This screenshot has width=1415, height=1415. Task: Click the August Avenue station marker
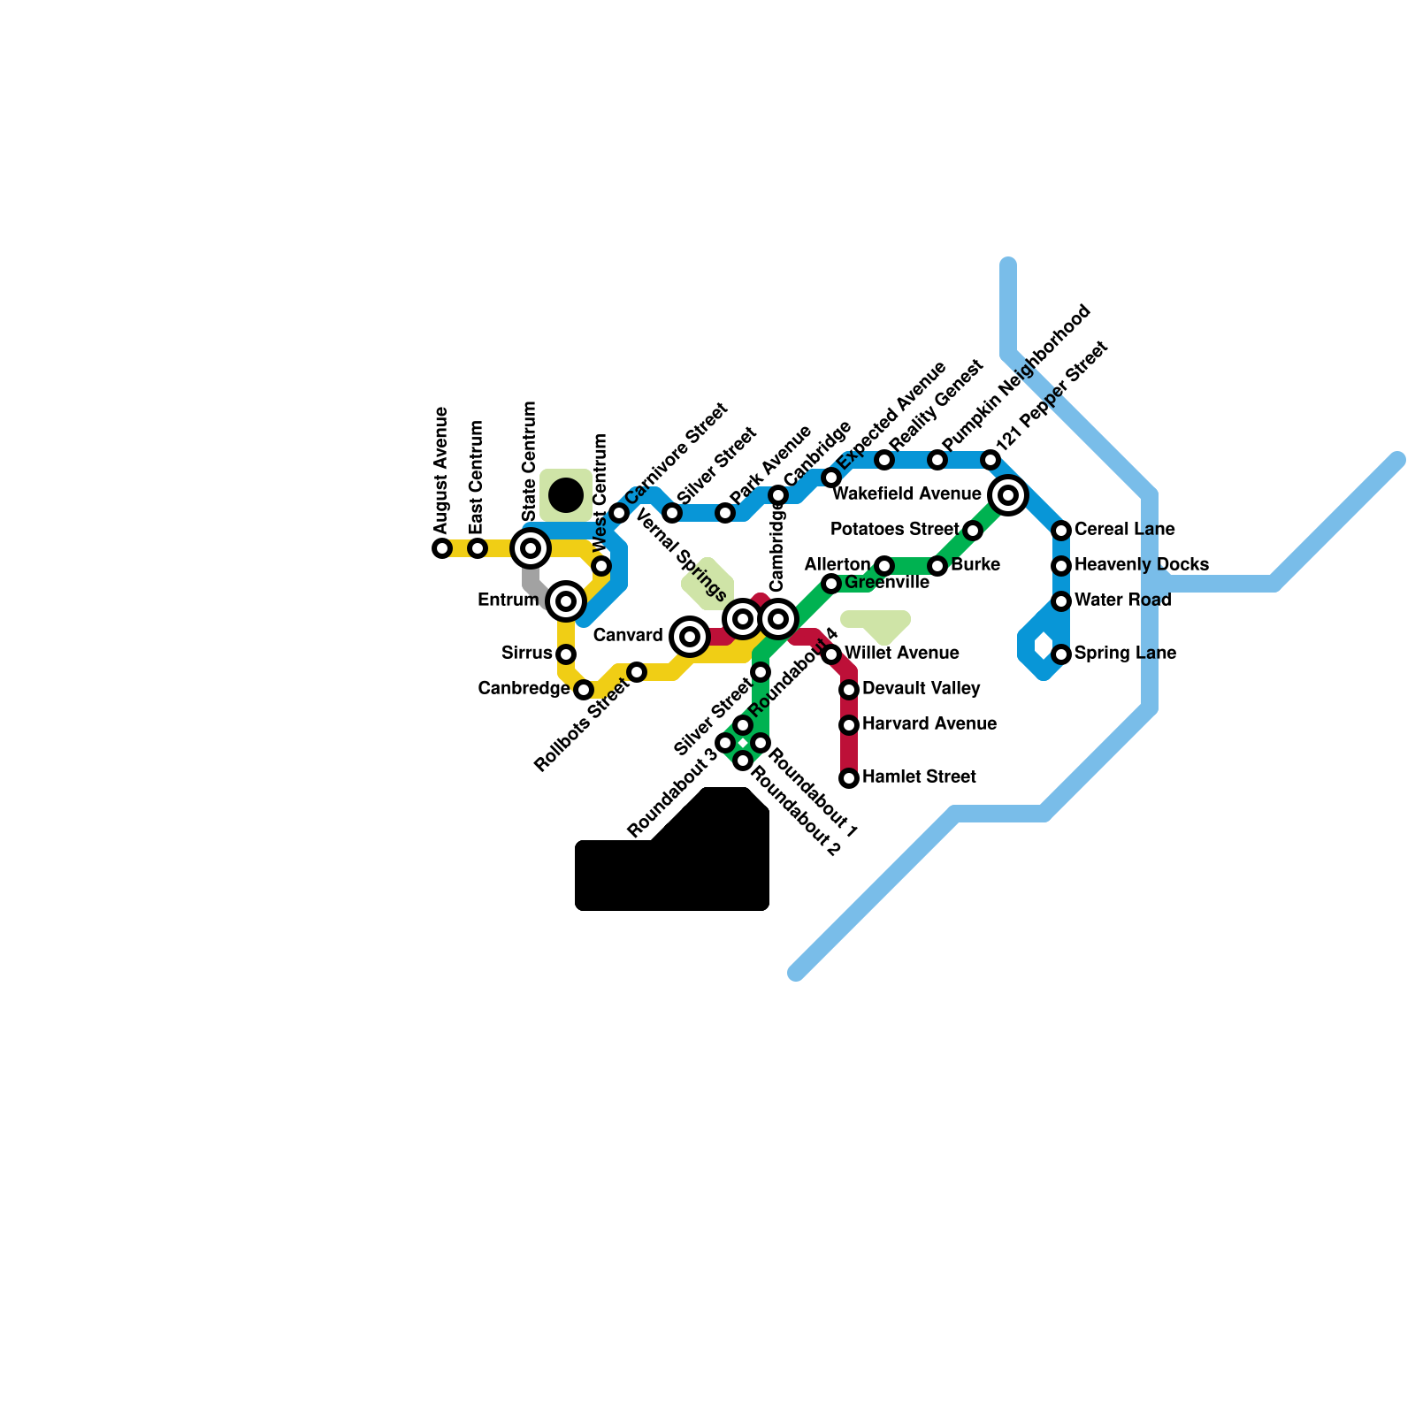point(442,548)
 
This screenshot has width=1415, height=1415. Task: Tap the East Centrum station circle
point(478,548)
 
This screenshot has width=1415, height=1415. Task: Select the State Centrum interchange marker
point(531,548)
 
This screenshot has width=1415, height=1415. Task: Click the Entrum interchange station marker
point(566,601)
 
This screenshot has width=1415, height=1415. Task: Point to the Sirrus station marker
point(566,654)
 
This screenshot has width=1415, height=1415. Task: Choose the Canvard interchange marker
point(690,637)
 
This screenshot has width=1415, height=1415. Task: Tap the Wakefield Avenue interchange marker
point(1008,495)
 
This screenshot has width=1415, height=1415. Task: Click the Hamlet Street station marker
point(849,778)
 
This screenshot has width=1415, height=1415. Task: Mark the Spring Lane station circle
point(1061,654)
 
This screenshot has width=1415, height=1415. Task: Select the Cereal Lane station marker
point(1061,531)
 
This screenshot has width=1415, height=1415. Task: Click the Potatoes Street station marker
point(973,531)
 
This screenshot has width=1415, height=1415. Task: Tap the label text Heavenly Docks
point(1141,564)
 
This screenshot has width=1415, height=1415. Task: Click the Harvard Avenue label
point(929,723)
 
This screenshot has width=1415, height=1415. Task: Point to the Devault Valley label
point(921,688)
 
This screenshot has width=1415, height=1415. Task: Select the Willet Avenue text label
point(901,653)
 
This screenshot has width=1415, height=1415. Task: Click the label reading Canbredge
point(524,688)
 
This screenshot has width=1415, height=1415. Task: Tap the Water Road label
point(1122,600)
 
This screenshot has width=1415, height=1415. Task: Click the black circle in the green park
point(566,494)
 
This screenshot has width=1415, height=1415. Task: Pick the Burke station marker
point(937,566)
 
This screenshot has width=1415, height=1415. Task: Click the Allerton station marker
point(884,566)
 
